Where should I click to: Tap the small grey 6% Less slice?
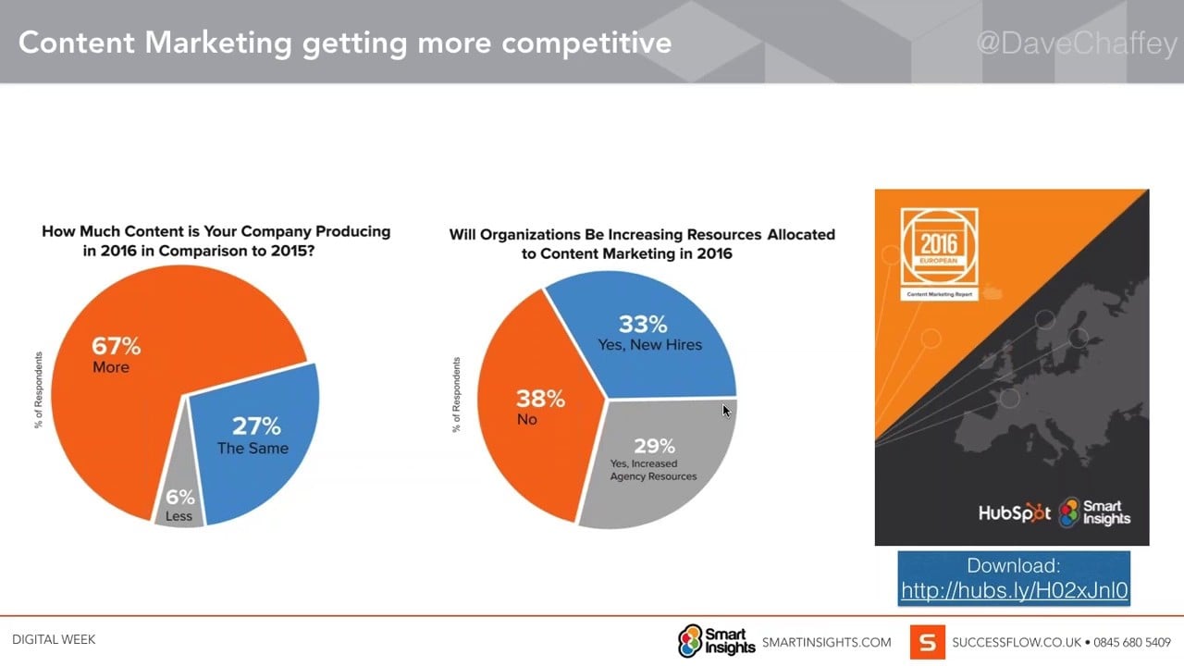tap(179, 504)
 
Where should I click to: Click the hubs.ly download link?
tap(1014, 590)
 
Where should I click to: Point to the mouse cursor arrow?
tap(726, 410)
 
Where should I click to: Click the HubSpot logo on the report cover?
tap(1015, 513)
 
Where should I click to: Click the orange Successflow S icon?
tap(927, 642)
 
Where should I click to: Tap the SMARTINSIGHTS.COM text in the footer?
tap(826, 642)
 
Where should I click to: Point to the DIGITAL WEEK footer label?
tap(54, 639)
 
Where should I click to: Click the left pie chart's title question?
tap(216, 240)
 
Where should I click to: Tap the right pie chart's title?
tap(642, 243)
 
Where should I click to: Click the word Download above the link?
tap(1014, 565)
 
